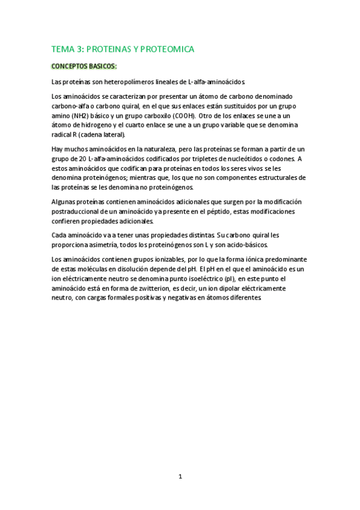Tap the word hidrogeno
pos(86,125)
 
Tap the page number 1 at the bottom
pos(180,476)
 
